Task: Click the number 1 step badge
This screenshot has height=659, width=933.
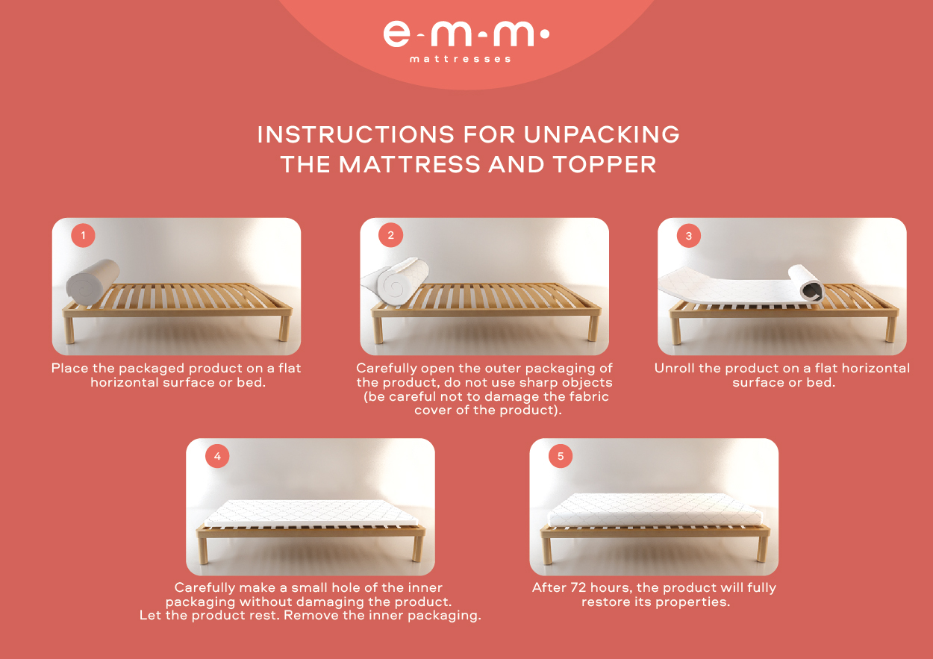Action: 84,235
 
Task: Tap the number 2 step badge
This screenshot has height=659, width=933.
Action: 390,235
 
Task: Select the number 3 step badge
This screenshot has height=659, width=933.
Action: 688,236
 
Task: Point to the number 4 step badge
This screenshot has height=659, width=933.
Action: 217,456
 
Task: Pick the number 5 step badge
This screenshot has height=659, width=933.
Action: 561,456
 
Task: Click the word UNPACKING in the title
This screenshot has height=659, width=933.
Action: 602,134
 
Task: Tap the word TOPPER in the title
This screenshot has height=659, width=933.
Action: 605,164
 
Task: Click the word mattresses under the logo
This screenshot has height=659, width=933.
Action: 461,59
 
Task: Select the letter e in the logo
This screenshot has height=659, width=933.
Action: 396,34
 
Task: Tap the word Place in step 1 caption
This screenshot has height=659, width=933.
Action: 70,368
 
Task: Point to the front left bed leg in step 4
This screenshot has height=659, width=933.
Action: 203,551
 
